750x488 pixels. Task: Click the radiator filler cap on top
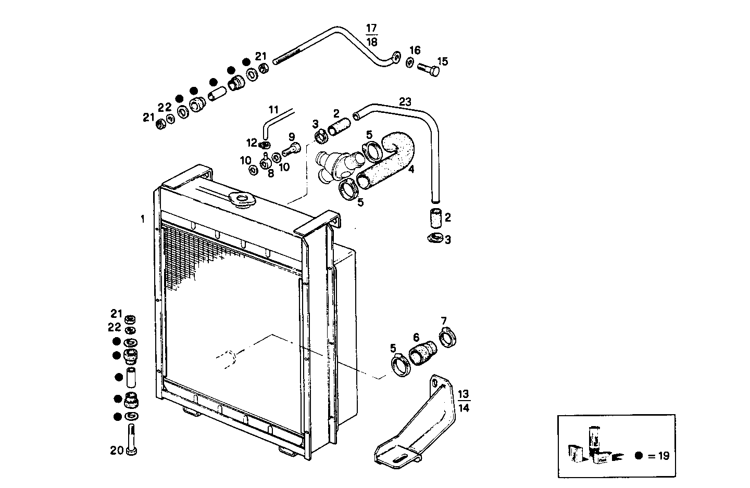pos(240,199)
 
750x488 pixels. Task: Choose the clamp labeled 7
pos(448,338)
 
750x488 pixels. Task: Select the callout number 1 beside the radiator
pos(142,219)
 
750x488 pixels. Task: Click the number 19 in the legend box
pos(663,456)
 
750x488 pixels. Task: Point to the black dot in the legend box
pos(639,456)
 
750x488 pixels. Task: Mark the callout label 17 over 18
pos(371,34)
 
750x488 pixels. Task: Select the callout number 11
pos(274,110)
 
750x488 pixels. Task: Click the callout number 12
pos(252,143)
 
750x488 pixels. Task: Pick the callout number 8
pos(270,173)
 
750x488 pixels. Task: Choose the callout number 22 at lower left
pos(115,327)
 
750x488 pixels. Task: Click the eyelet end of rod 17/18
pos(395,58)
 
